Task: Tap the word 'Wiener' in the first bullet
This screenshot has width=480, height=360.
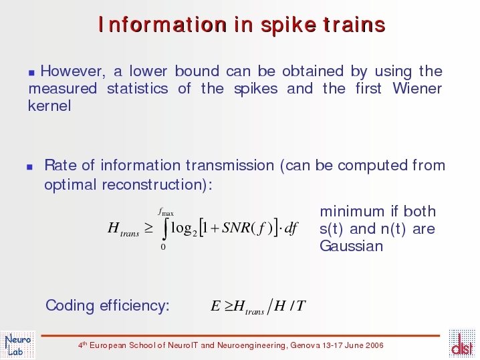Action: tap(417, 88)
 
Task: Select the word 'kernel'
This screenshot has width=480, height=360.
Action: tap(49, 106)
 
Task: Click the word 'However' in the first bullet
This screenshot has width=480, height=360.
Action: tap(73, 71)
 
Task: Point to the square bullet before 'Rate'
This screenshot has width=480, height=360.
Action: tap(29, 167)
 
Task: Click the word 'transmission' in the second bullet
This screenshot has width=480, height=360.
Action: tap(230, 166)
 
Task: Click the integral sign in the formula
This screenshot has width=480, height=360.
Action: tap(165, 228)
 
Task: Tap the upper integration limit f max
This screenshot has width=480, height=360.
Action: tap(166, 212)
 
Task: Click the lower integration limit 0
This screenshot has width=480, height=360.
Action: tap(163, 246)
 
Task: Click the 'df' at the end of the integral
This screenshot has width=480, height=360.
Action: tap(291, 228)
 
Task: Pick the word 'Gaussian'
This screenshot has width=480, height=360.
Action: tap(351, 246)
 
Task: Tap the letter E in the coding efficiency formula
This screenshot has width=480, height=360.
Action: tap(215, 306)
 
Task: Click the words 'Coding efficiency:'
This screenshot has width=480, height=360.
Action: tap(108, 305)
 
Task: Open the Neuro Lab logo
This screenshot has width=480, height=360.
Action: tap(18, 345)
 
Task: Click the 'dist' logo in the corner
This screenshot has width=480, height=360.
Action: tap(462, 344)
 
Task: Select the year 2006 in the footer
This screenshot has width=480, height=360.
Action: tap(374, 345)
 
